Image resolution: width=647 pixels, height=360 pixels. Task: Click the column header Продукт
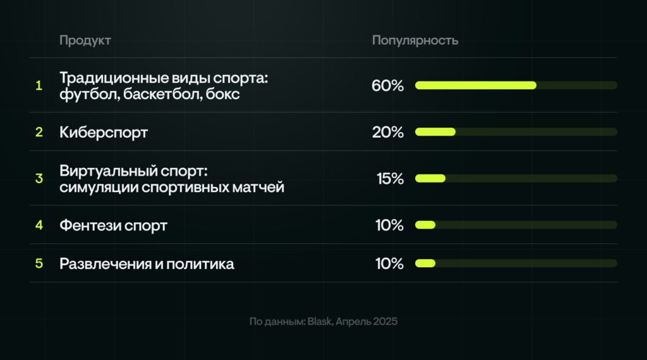point(85,40)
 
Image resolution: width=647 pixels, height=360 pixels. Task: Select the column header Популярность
point(415,40)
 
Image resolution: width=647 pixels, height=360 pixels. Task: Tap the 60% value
point(387,85)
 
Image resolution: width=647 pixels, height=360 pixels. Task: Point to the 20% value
point(388,132)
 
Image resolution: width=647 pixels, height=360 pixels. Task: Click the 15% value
point(390,179)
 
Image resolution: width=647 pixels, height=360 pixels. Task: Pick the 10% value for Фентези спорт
point(389,225)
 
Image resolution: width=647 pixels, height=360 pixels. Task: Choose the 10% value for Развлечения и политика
point(389,263)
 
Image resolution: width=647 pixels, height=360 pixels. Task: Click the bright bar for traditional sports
point(476,85)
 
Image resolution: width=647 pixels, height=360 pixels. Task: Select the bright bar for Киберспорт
point(435,132)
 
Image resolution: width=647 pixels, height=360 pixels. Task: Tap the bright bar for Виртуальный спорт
point(430,179)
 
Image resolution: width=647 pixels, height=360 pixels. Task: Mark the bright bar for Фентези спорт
point(425,225)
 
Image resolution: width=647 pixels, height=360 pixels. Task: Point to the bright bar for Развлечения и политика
point(425,263)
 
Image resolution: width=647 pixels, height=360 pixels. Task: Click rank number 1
point(39,85)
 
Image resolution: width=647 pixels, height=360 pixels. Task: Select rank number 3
point(39,179)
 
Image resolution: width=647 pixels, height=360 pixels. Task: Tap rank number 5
point(39,263)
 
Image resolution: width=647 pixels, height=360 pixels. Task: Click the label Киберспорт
point(104,133)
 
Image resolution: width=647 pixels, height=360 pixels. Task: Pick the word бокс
point(222,94)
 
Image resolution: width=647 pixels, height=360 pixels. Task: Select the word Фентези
point(90,225)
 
